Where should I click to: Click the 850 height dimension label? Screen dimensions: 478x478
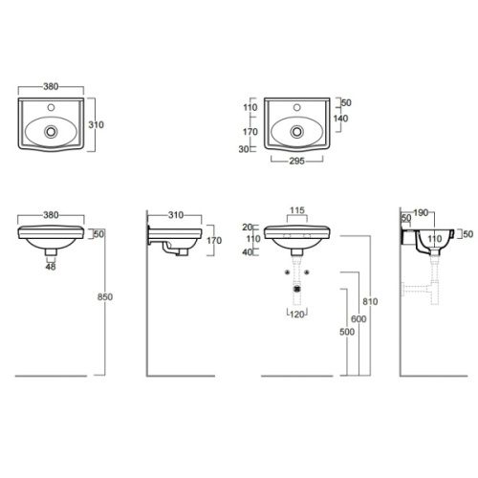coord(105,297)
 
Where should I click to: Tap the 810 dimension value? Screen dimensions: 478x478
coord(370,301)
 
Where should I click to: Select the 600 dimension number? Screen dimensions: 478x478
coord(358,319)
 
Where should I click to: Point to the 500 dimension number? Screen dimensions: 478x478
coord(347,332)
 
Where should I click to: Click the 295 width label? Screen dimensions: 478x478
coord(296,162)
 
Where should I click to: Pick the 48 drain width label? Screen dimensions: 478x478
coord(51,267)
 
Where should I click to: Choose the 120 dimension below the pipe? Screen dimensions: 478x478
coord(297,315)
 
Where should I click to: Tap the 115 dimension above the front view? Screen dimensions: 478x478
coord(297,210)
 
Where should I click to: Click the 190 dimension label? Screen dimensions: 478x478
coord(421,212)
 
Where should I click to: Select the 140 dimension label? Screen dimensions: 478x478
coord(340,119)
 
